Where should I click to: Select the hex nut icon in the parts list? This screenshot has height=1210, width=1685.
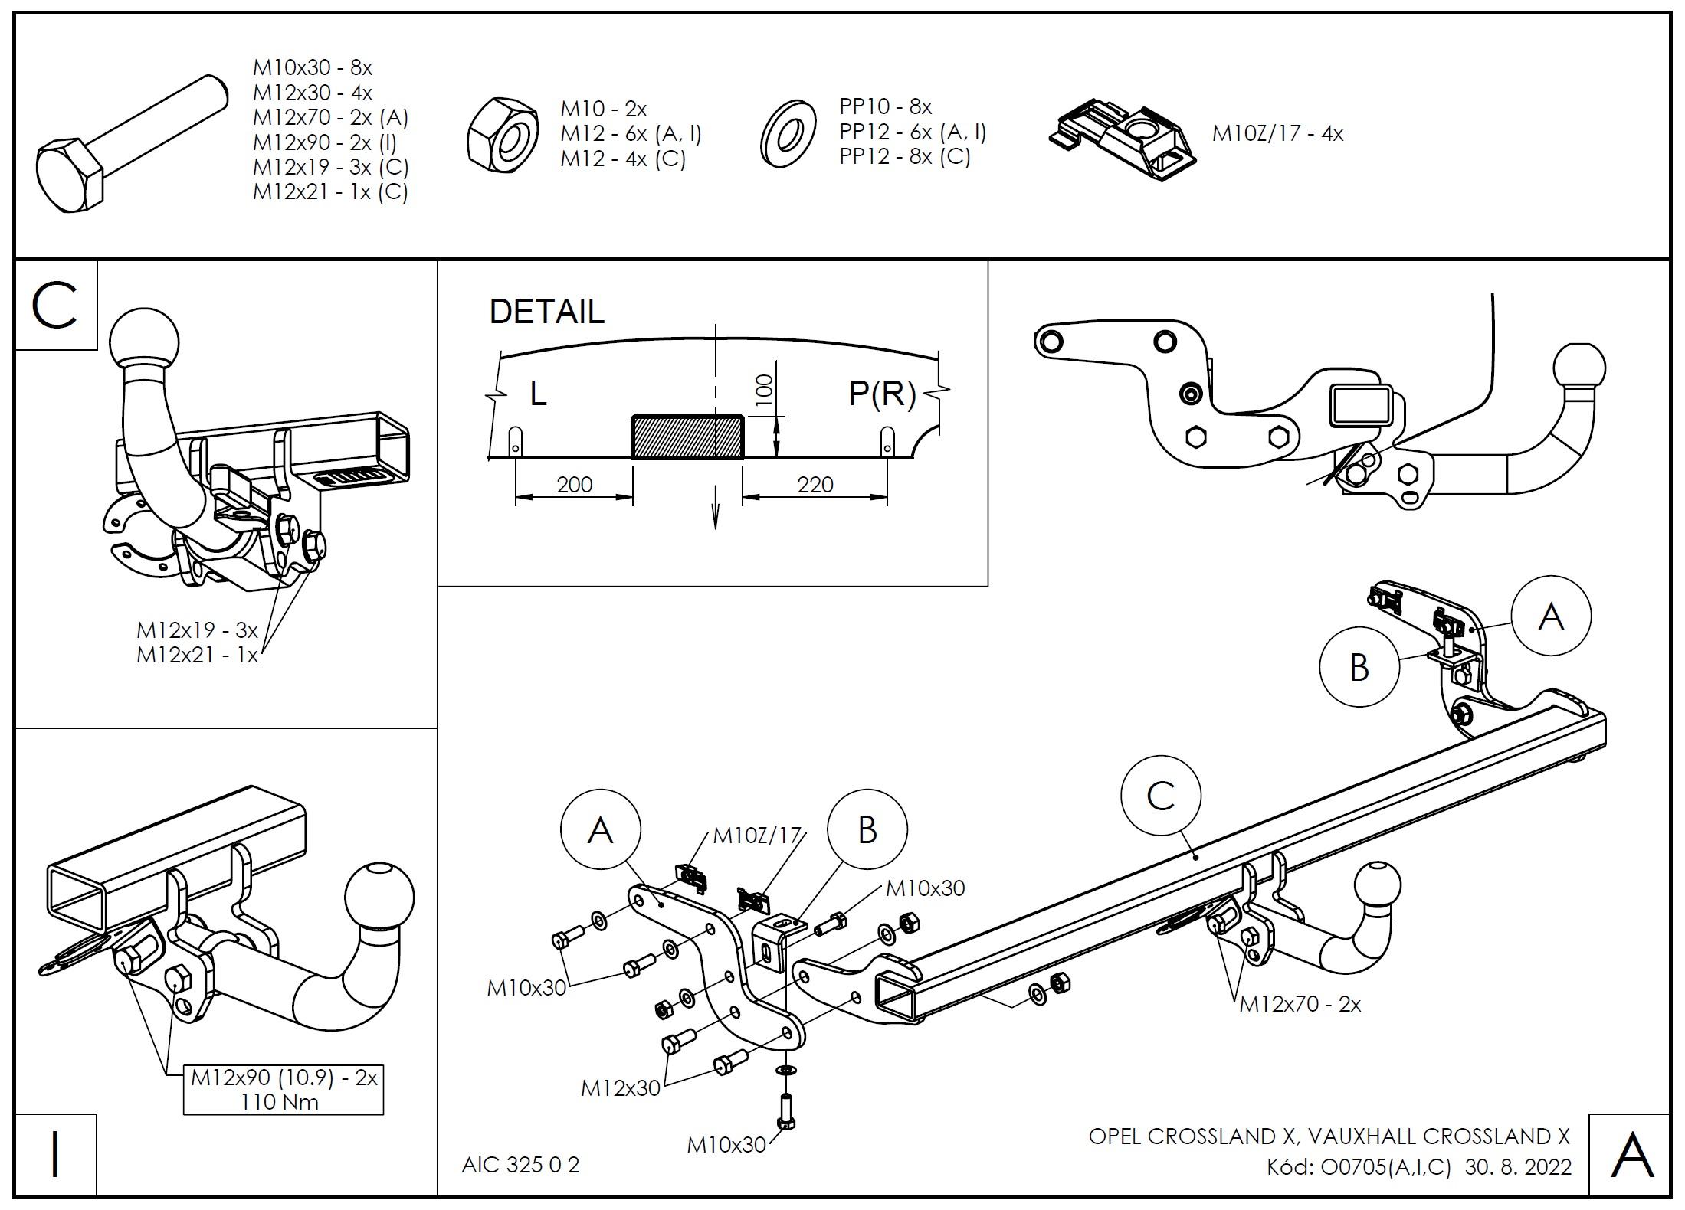click(502, 136)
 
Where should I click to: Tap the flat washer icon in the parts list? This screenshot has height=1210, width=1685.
click(788, 136)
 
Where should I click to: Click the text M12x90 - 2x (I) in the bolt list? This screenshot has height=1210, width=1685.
click(325, 142)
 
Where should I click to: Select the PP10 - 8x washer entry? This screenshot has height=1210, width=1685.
click(885, 106)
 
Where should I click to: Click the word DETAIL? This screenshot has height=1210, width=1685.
click(546, 312)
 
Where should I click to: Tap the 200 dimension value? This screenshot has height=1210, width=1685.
click(574, 485)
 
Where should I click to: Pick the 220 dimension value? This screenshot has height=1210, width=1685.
click(815, 485)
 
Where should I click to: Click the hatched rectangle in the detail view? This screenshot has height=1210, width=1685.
click(687, 437)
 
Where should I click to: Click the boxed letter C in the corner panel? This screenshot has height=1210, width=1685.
click(55, 306)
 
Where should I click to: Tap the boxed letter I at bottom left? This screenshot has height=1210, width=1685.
click(55, 1155)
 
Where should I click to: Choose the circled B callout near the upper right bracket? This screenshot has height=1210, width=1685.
click(1359, 667)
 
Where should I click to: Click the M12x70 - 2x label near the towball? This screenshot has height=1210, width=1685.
click(1300, 1004)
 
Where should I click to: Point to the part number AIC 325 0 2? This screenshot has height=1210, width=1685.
click(520, 1165)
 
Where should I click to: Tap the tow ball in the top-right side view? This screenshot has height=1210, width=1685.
click(1578, 368)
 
